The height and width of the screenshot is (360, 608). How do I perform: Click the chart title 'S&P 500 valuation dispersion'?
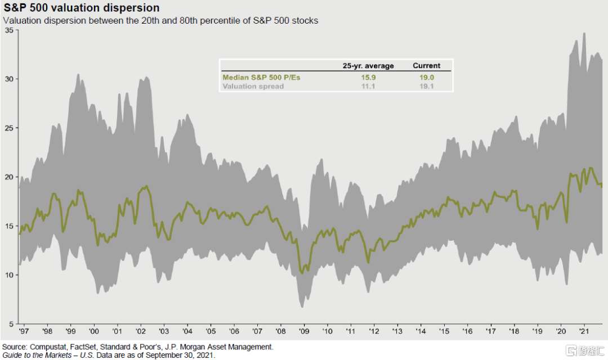point(82,8)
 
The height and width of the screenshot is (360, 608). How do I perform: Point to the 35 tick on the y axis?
point(9,30)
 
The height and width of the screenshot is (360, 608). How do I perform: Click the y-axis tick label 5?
point(11,324)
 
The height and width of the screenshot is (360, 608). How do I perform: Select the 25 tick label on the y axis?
point(9,128)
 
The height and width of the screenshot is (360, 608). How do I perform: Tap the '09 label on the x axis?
point(304,332)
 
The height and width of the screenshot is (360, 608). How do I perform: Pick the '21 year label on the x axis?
point(584,332)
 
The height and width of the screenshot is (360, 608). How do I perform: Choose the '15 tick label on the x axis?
point(444,332)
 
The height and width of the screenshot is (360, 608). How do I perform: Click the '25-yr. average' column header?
point(368,66)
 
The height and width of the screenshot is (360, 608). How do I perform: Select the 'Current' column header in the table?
point(427,66)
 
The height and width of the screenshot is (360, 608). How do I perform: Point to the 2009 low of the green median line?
point(302,273)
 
